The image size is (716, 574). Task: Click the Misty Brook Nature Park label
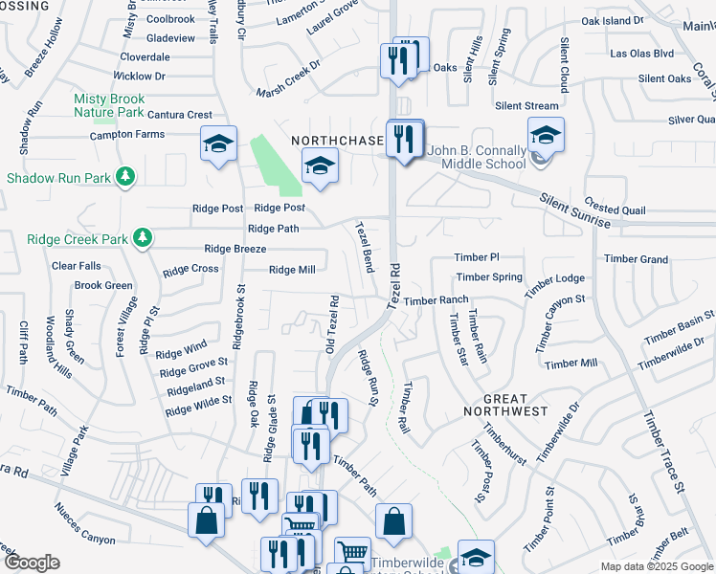(x=109, y=105)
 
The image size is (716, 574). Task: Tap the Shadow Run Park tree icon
(x=124, y=176)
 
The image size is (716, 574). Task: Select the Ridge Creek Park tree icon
(x=143, y=236)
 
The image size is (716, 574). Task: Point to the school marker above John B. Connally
(x=546, y=136)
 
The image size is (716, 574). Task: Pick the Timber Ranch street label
(x=436, y=300)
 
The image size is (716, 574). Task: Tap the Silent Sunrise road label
(x=575, y=210)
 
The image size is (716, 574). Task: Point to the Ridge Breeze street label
(x=235, y=249)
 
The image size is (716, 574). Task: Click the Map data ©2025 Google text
(x=657, y=566)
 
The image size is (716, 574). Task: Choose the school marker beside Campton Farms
(x=218, y=145)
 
